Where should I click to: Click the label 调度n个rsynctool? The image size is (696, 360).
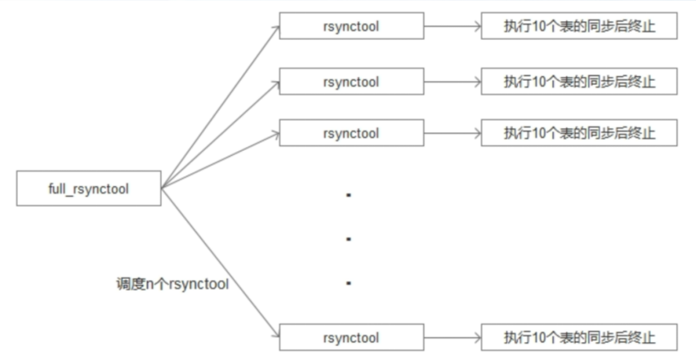point(172,284)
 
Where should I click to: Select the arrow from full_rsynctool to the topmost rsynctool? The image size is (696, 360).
point(221,107)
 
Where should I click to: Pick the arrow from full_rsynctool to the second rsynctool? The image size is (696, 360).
point(221,135)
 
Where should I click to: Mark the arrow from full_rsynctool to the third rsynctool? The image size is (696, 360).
point(221,161)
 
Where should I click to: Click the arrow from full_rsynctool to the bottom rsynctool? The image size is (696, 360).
point(221,263)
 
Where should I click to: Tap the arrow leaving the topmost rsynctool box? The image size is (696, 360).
point(453,26)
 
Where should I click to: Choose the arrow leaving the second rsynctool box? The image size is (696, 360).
point(453,82)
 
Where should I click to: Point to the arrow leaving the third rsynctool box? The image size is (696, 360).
point(453,133)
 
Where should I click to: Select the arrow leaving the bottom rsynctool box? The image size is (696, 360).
point(453,338)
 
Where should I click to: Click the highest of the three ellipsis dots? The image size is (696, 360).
point(349,194)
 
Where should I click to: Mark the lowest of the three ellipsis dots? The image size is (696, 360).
point(349,282)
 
